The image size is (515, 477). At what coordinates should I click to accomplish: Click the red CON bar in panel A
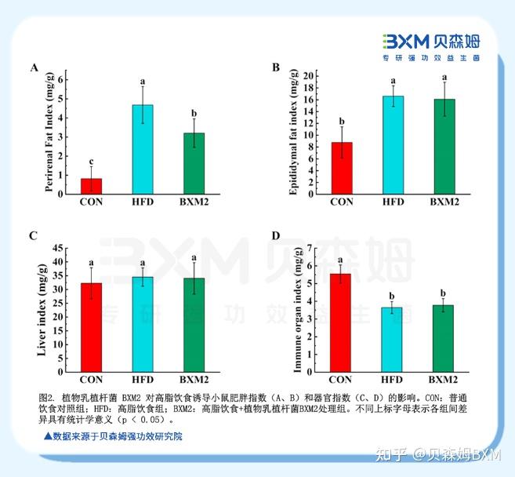91,186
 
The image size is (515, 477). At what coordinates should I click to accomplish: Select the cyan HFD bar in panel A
143,149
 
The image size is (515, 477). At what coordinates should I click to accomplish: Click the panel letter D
275,235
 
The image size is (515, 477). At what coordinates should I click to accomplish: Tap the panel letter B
275,67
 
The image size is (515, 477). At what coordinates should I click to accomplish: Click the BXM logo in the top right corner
430,46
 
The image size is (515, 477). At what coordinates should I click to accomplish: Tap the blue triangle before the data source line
48,435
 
